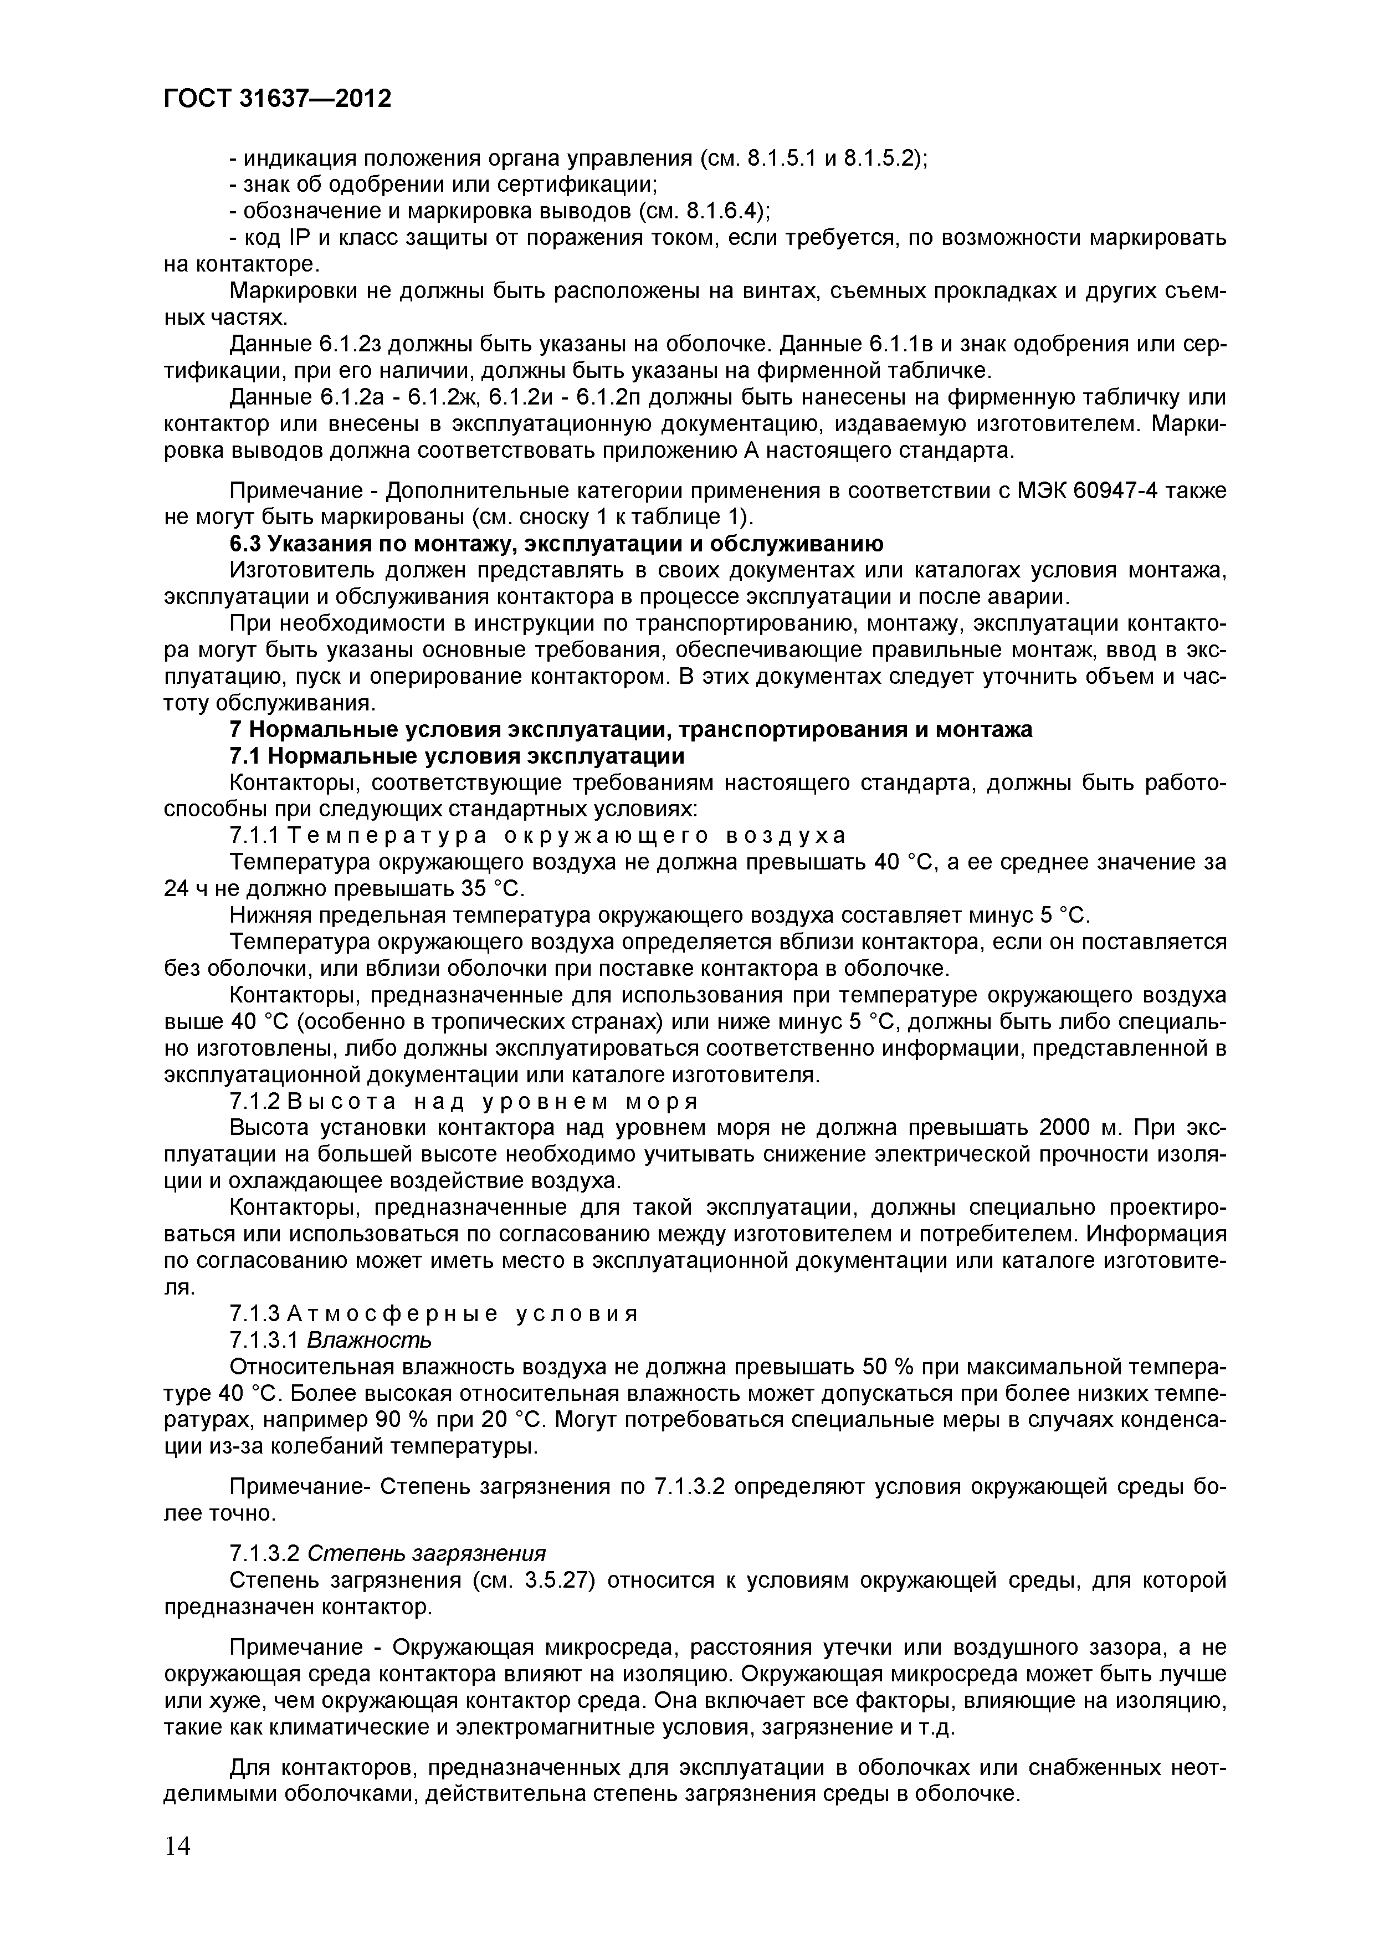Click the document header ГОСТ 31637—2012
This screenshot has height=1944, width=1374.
pyautogui.click(x=277, y=100)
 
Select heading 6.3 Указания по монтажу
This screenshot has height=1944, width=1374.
pyautogui.click(x=557, y=544)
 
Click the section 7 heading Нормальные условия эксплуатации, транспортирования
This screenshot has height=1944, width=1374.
pyautogui.click(x=630, y=729)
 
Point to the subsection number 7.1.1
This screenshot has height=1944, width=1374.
pyautogui.click(x=254, y=836)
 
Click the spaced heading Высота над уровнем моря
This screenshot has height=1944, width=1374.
pyautogui.click(x=493, y=1102)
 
